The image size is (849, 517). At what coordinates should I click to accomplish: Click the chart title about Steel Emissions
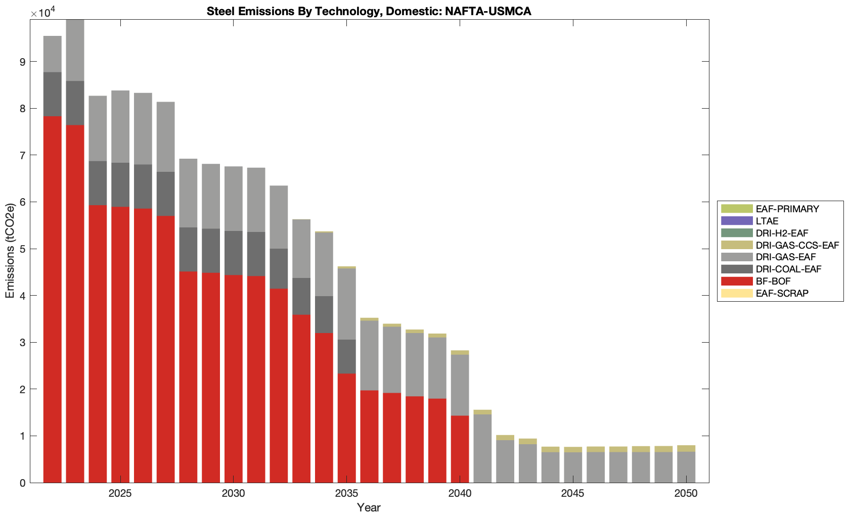coord(369,11)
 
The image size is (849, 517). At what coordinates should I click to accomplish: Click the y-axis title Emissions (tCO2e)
coord(10,251)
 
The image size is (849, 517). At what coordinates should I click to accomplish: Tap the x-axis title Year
coord(369,507)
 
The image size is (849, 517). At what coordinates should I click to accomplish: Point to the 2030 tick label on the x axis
coord(233,493)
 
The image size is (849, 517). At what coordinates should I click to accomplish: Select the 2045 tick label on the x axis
coord(572,493)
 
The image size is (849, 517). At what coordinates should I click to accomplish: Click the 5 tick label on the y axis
coord(22,249)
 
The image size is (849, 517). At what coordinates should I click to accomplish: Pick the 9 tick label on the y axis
coord(22,62)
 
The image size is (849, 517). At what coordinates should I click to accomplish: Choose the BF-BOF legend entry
coord(773,281)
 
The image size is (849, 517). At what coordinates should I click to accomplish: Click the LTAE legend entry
coord(767,221)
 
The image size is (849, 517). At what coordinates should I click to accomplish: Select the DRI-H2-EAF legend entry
coord(782,233)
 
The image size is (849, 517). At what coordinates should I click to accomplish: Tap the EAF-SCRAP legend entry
coord(782,293)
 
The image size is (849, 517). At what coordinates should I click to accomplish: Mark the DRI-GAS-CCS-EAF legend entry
coord(797,245)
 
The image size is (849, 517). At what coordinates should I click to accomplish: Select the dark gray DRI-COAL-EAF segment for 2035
coord(346,356)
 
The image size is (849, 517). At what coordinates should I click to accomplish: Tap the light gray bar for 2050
coord(686,467)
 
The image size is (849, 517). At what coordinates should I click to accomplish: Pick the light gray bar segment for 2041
coord(482,448)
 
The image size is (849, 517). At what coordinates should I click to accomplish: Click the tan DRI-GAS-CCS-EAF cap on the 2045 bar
coord(572,450)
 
